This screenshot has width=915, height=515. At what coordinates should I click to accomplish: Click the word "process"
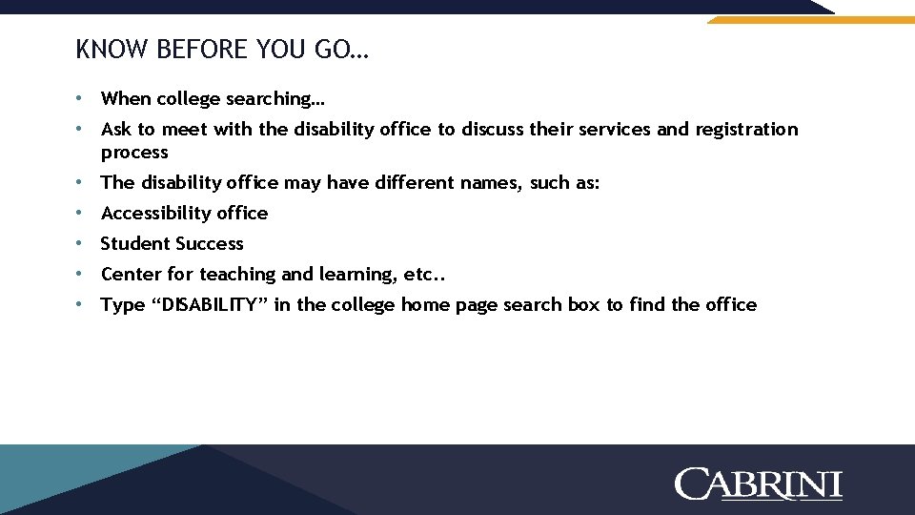pyautogui.click(x=134, y=153)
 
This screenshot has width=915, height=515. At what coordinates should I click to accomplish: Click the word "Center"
pyautogui.click(x=132, y=275)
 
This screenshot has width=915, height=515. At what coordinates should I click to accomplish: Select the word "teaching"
pyautogui.click(x=237, y=275)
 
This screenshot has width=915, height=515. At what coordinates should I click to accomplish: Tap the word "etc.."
pyautogui.click(x=425, y=275)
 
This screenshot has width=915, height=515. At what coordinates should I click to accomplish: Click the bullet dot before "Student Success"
pyautogui.click(x=83, y=244)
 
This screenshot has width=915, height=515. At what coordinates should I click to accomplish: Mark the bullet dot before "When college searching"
pyautogui.click(x=83, y=99)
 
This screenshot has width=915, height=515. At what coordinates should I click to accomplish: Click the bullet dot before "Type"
pyautogui.click(x=83, y=305)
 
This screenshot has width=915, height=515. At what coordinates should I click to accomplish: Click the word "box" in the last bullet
pyautogui.click(x=585, y=305)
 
